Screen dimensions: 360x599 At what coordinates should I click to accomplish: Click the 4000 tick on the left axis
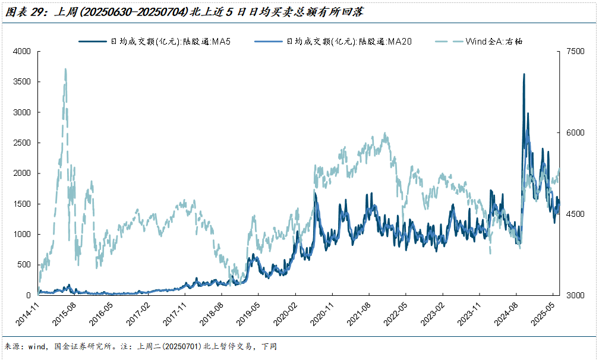pos(22,52)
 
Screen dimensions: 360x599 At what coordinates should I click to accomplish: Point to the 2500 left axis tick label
pos(22,143)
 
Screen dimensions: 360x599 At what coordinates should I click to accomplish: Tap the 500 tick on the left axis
pos(25,264)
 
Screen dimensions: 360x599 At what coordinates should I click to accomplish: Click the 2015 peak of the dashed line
pos(65,69)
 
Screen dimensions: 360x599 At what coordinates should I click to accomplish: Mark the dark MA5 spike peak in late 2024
pos(524,74)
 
